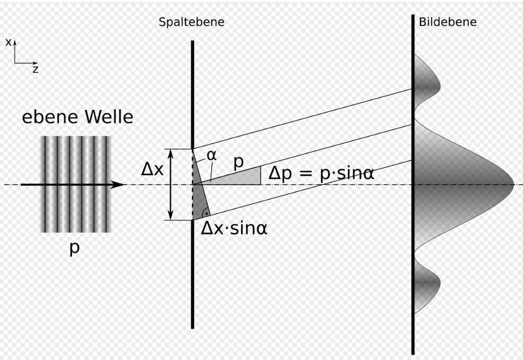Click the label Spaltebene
click(191, 22)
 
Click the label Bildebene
click(447, 22)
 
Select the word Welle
click(106, 117)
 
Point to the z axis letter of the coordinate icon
click(36, 70)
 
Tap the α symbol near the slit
click(212, 156)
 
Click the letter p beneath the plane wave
click(74, 248)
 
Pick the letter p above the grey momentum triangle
click(238, 162)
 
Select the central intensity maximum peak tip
click(512, 185)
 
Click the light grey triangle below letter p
click(247, 178)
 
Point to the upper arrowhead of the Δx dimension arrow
click(171, 153)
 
